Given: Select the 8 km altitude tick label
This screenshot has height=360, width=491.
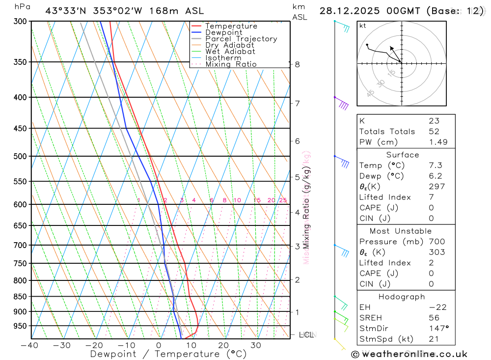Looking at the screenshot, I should click(x=298, y=64).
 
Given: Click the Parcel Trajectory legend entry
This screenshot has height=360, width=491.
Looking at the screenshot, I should click(x=241, y=39).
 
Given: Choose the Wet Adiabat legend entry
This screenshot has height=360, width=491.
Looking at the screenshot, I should click(x=230, y=52).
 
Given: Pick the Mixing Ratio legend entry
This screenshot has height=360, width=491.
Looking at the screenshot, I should click(x=231, y=64).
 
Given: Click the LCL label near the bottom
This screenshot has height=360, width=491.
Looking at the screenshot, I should click(x=306, y=334).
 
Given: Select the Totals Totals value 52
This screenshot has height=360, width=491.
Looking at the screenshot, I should click(x=434, y=132).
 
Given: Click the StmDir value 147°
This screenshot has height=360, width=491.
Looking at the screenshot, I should click(x=436, y=329).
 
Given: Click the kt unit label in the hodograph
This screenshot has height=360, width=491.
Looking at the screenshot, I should click(x=363, y=26).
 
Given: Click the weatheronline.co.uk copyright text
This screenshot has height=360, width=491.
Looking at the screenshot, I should click(x=409, y=354).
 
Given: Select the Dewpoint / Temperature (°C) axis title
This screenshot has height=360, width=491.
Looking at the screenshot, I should click(x=168, y=354).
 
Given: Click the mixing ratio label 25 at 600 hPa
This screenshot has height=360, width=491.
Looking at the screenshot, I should click(x=283, y=200).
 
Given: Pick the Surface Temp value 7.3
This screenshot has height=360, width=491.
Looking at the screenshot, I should click(x=434, y=166).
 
